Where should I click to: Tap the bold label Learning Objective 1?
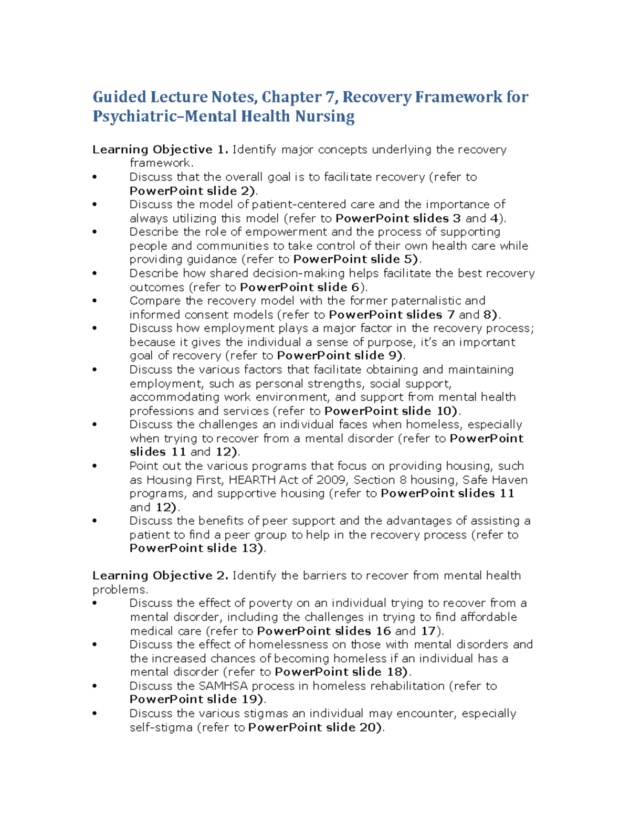coord(160,150)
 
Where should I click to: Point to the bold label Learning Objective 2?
coord(160,576)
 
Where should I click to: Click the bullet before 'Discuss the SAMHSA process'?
coord(95,686)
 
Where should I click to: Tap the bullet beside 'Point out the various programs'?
coord(95,466)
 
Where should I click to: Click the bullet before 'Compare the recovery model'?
coord(95,301)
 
